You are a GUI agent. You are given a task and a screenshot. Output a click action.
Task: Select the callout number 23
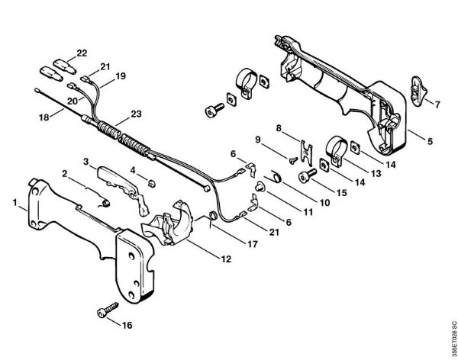click(137, 114)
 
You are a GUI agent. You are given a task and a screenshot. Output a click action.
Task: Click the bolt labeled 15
click(311, 177)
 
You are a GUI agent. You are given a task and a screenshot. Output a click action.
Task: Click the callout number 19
click(121, 76)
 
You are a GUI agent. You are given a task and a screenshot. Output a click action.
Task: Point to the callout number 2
click(65, 174)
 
